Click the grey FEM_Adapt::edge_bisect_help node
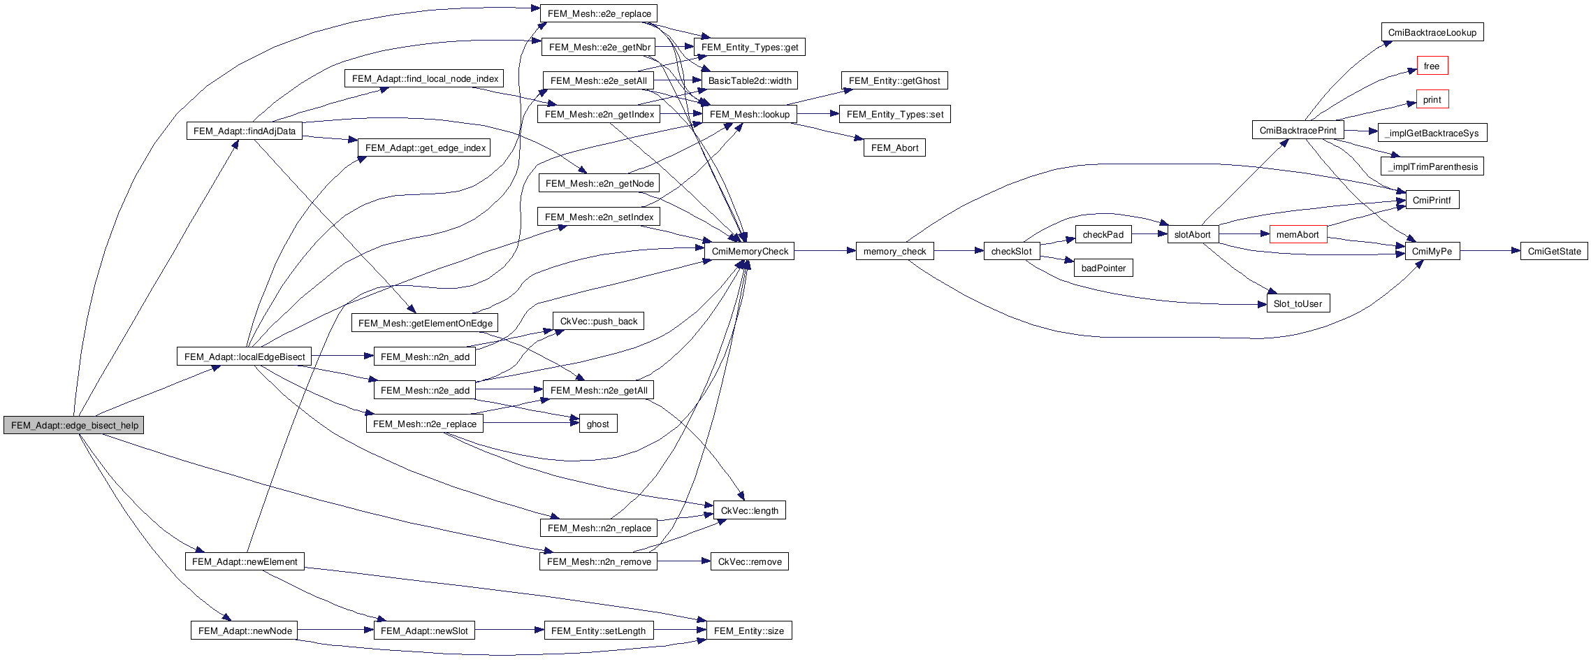pos(73,425)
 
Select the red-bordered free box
pos(1432,66)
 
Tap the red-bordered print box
pos(1432,99)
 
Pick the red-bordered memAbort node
pos(1298,234)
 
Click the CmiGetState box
pos(1554,251)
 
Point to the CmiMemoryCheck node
pos(750,251)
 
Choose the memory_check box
pos(894,251)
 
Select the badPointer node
pos(1103,268)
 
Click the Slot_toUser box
pos(1298,303)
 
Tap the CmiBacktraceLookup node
pos(1432,32)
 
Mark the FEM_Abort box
pos(894,147)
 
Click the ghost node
pos(597,424)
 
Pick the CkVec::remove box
pos(750,561)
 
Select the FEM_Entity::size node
pos(748,631)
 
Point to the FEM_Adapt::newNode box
pos(245,631)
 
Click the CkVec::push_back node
pos(598,321)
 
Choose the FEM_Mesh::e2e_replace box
pos(599,13)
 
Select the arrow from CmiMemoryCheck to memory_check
pos(824,251)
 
